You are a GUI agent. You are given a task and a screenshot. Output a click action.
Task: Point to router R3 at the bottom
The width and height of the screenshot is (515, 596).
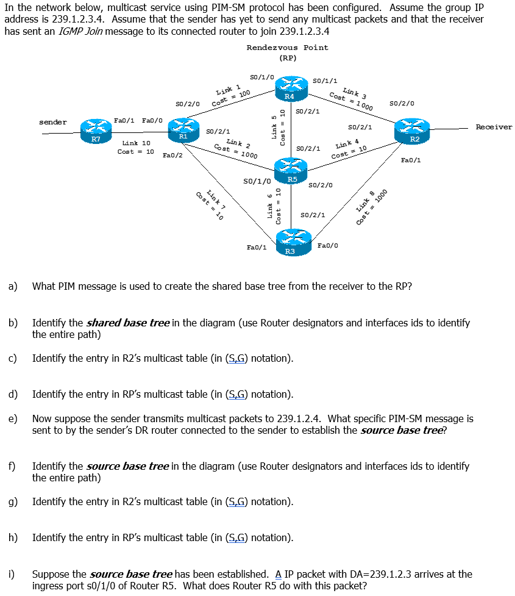point(291,240)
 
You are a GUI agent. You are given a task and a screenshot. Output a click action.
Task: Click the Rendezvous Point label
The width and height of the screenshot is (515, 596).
point(287,48)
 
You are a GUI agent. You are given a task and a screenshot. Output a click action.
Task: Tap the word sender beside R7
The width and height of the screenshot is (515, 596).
point(53,122)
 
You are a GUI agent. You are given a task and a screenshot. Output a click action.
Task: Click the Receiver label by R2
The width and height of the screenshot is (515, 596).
point(494,127)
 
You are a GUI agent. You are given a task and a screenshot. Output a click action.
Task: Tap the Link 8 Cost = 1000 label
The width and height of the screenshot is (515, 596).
point(372,207)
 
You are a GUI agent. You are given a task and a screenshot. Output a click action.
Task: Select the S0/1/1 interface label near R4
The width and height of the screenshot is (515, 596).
point(325,80)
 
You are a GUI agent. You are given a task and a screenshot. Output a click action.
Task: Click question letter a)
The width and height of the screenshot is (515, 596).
point(12,285)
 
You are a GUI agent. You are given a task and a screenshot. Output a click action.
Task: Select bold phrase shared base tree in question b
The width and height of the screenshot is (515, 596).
point(128,323)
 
